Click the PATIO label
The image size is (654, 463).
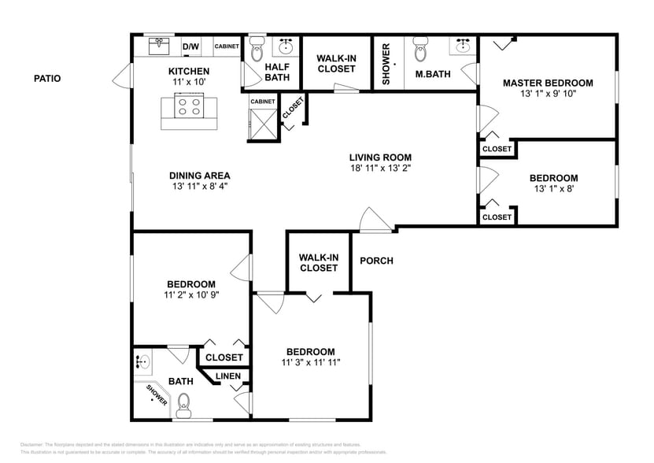pos(47,78)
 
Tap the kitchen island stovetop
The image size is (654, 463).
pos(190,106)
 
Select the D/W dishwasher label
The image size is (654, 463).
pos(190,47)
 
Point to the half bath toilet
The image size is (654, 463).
pos(256,52)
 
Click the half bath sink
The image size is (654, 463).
pos(287,45)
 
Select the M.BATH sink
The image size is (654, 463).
pos(464,46)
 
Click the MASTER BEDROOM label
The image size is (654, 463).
pos(548,83)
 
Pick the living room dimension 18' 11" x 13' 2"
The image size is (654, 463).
pos(381,168)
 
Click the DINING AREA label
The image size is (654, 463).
pos(199,176)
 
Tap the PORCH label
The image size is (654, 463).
pos(376,261)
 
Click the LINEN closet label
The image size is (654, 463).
pos(228,376)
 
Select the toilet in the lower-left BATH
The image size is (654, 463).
pos(184,406)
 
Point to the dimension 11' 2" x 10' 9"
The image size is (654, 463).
pos(191,295)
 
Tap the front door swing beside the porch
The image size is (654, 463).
pos(376,220)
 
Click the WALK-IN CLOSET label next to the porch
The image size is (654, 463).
pos(318,262)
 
